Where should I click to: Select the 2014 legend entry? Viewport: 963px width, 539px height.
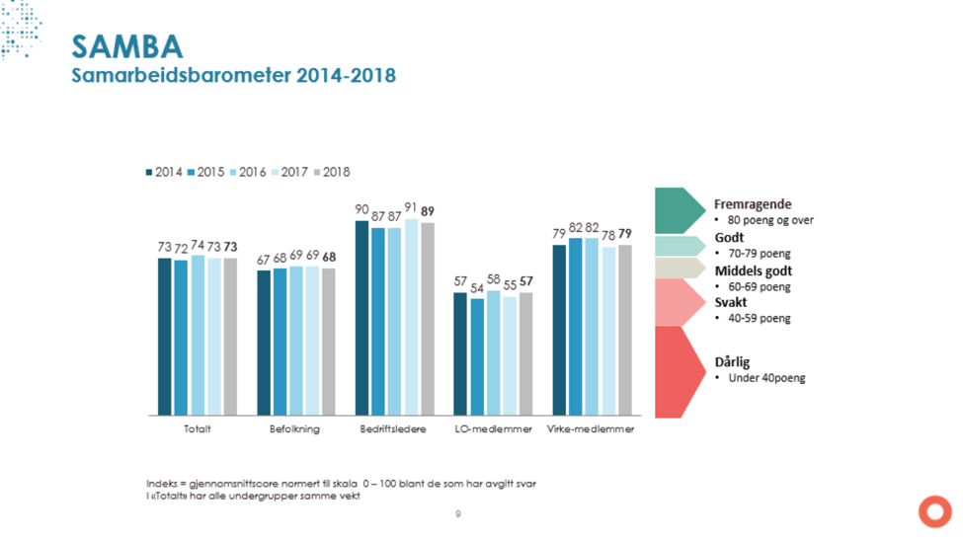tap(164, 172)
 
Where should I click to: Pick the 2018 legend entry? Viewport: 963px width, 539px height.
tap(332, 172)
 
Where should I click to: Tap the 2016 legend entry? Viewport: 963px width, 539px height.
tap(248, 172)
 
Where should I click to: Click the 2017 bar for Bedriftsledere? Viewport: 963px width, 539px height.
tap(411, 316)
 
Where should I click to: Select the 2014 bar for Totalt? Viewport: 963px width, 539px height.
tap(165, 336)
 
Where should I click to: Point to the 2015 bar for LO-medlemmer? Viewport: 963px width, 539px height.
tap(478, 355)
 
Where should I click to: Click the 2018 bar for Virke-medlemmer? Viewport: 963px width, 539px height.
tap(624, 330)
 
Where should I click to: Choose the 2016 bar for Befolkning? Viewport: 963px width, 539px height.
tap(296, 340)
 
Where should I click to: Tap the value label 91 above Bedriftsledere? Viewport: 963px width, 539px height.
tap(411, 207)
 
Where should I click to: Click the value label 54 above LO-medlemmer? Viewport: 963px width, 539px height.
tap(478, 288)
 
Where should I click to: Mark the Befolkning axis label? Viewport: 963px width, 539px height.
tap(295, 429)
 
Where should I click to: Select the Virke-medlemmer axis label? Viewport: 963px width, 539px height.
tap(591, 429)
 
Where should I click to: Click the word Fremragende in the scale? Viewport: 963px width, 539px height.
tap(753, 204)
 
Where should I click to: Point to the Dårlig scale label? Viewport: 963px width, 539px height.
tap(732, 362)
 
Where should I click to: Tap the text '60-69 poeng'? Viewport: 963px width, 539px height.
tap(760, 286)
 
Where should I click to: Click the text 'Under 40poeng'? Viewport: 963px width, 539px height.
tap(765, 378)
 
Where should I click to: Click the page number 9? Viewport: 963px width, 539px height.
tap(458, 513)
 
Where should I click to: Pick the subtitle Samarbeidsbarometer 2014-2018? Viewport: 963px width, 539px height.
tap(234, 76)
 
